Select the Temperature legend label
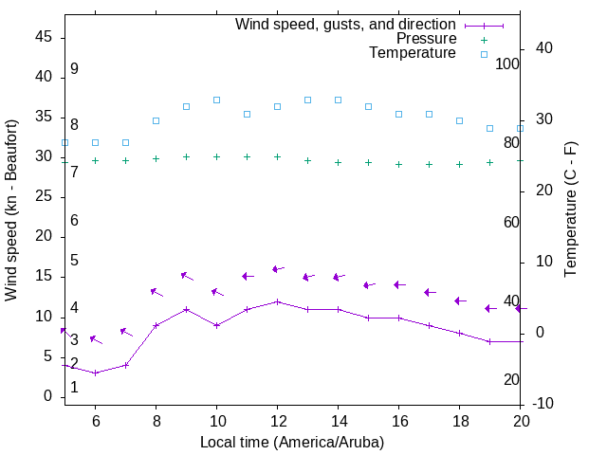point(413,53)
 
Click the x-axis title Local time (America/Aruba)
point(292,442)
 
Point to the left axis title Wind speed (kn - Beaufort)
point(11,210)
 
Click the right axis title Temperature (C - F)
point(570,210)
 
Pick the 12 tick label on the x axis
point(277,420)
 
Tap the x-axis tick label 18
point(459,420)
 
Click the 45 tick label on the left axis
point(44,38)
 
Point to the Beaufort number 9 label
point(74,69)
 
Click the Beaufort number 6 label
point(74,220)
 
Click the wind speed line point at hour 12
point(277,301)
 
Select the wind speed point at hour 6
point(95,373)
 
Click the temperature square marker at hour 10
point(216,100)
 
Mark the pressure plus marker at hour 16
point(398,164)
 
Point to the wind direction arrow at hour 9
point(187,276)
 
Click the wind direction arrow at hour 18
point(460,300)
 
